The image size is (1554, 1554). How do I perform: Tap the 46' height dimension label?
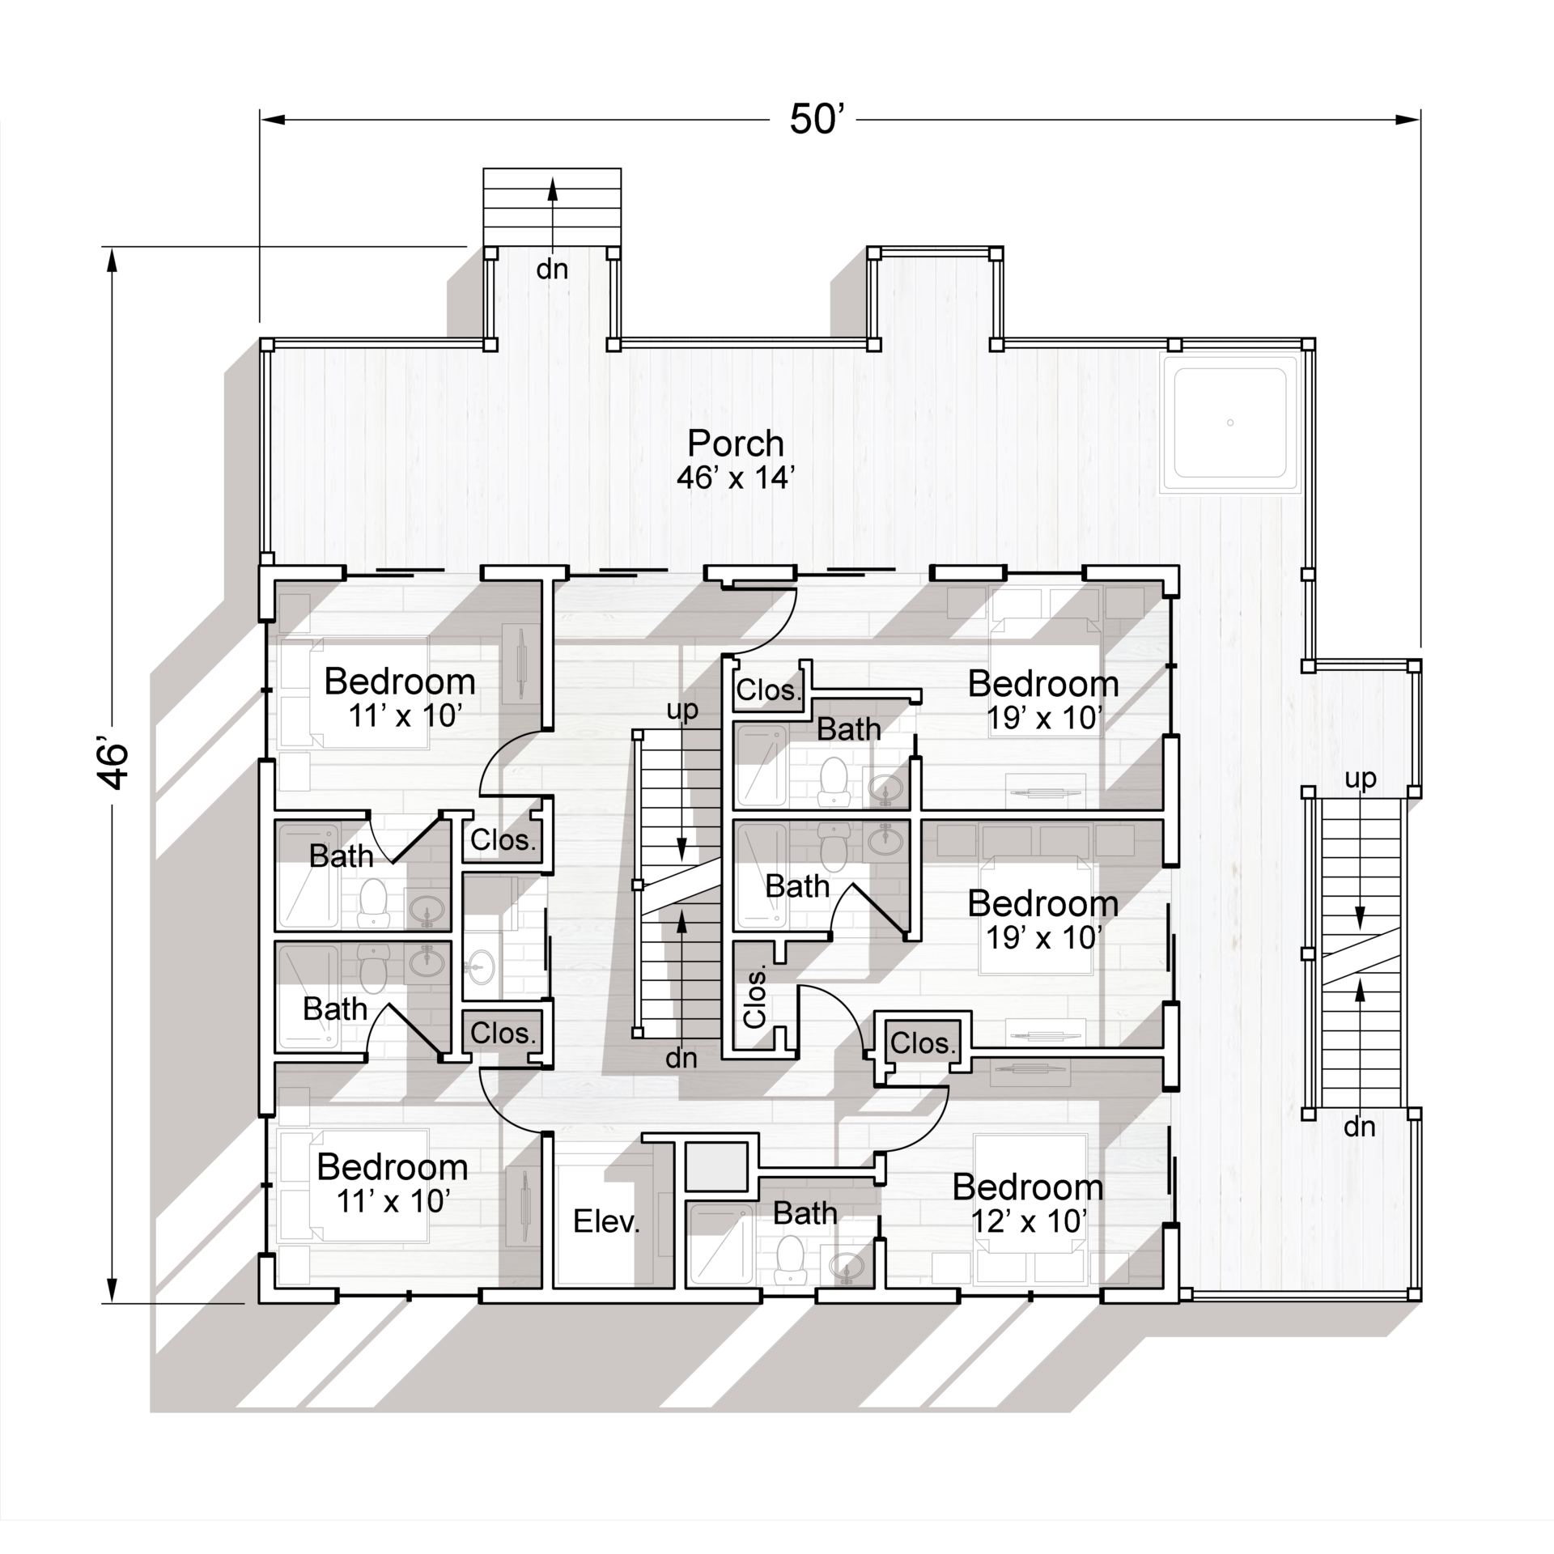(113, 763)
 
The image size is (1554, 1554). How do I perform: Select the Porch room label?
(736, 443)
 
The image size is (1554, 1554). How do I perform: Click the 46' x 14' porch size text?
(732, 478)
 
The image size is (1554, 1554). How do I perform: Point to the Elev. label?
(606, 1221)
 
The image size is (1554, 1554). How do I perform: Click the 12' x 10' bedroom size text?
(1028, 1221)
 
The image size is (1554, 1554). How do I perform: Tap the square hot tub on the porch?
(1230, 422)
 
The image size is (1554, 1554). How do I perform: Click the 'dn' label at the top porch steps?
(552, 270)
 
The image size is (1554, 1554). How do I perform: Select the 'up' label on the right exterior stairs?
(1361, 779)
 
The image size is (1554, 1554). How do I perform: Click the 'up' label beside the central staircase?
(682, 710)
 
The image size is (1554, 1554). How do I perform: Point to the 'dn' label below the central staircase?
(681, 1057)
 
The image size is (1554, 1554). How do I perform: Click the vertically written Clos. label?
(754, 997)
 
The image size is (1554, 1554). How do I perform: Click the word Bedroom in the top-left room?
(400, 681)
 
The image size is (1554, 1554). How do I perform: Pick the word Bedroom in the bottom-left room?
(393, 1167)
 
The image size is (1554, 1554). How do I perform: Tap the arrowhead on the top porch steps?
(553, 188)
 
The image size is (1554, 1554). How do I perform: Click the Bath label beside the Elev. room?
(805, 1212)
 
